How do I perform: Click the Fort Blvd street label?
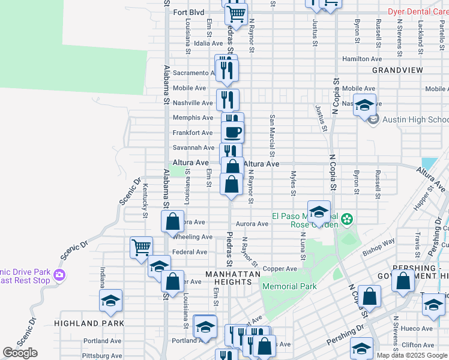click(188, 12)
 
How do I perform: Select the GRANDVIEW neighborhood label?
click(397, 70)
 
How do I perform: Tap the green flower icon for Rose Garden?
click(346, 220)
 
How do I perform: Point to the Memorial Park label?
click(289, 286)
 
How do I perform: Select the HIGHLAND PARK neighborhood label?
click(89, 323)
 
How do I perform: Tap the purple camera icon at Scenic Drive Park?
click(59, 275)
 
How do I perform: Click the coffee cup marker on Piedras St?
click(232, 131)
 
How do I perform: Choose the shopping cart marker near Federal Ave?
click(141, 247)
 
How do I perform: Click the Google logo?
click(20, 353)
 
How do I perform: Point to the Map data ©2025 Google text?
click(412, 355)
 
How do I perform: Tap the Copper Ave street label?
click(280, 269)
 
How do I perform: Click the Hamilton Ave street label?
click(362, 59)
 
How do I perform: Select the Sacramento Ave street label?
click(190, 73)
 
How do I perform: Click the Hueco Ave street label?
click(417, 328)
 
